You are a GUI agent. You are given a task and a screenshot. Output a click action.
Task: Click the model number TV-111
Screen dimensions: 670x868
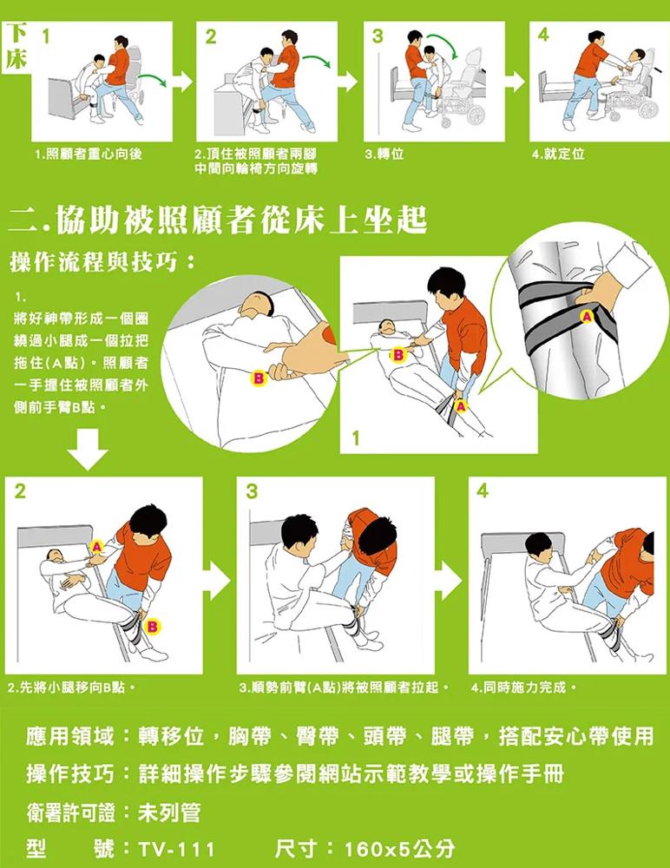pyautogui.click(x=176, y=849)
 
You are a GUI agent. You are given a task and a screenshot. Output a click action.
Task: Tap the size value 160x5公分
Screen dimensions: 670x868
pyautogui.click(x=399, y=848)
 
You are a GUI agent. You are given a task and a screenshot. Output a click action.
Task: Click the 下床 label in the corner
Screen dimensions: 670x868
pyautogui.click(x=16, y=48)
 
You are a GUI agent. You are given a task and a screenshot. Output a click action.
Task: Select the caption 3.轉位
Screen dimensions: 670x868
pyautogui.click(x=384, y=154)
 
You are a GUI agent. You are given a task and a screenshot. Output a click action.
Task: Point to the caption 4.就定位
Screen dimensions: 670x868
pyautogui.click(x=558, y=154)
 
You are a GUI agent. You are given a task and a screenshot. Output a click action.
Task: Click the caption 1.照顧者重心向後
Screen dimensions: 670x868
pyautogui.click(x=88, y=154)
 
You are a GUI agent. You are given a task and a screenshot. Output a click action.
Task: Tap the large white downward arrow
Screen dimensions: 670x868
pyautogui.click(x=88, y=449)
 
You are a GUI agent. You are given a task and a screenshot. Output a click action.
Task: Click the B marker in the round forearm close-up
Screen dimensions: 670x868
pyautogui.click(x=258, y=378)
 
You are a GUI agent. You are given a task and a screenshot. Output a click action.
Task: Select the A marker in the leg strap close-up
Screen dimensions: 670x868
pyautogui.click(x=587, y=317)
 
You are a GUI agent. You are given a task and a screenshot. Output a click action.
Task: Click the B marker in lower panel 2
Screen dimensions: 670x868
pyautogui.click(x=152, y=626)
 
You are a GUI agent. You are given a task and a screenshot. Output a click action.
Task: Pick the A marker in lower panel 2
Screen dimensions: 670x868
pyautogui.click(x=97, y=547)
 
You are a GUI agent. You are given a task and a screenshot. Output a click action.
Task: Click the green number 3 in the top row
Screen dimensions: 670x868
pyautogui.click(x=378, y=36)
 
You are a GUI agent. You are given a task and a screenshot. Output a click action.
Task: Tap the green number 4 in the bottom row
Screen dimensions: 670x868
pyautogui.click(x=483, y=490)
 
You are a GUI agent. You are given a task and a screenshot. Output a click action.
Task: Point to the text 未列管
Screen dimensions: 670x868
pyautogui.click(x=169, y=812)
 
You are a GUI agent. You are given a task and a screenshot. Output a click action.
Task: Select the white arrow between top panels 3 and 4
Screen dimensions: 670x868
pyautogui.click(x=516, y=82)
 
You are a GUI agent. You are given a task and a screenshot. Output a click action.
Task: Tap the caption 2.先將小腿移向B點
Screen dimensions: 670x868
pyautogui.click(x=73, y=688)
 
